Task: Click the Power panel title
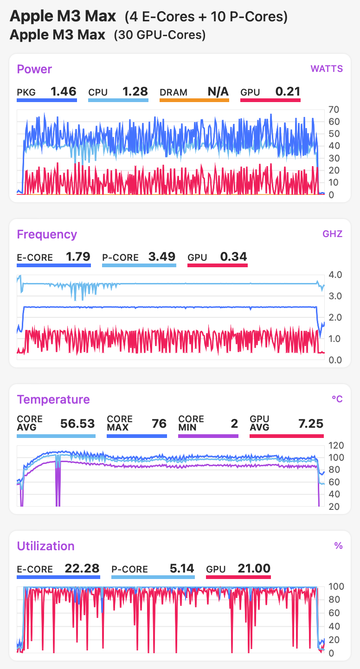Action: [34, 69]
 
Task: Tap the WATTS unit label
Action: [327, 69]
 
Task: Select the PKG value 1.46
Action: [63, 91]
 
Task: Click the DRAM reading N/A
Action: [218, 91]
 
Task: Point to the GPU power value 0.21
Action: [288, 91]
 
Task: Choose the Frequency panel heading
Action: [47, 234]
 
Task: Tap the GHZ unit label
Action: [332, 234]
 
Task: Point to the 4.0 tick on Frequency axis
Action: [335, 275]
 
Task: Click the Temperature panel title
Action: [53, 399]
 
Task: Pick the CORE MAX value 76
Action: [159, 423]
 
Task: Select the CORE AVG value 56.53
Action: [77, 423]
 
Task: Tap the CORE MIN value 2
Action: [234, 423]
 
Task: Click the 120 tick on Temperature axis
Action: [335, 445]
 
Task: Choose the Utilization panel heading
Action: [45, 546]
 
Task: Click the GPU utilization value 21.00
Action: [254, 568]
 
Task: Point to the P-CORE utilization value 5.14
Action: [180, 568]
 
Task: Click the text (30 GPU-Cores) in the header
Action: [160, 35]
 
